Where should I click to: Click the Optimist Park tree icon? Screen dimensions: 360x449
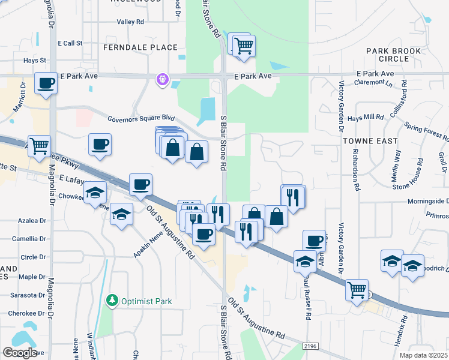point(111,300)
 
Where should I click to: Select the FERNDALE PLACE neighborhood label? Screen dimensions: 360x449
point(140,47)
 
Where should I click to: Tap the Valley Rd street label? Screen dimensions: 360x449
point(131,22)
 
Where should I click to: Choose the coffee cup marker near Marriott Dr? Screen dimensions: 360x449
point(46,84)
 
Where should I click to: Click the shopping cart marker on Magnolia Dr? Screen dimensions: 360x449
point(39,146)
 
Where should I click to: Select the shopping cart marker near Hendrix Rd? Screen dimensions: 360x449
point(357,290)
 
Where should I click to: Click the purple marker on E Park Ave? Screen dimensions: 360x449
point(162,79)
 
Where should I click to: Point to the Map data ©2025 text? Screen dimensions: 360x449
point(424,355)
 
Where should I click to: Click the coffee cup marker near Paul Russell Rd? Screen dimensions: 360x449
point(313,241)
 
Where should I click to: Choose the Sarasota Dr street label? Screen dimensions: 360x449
point(28,296)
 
